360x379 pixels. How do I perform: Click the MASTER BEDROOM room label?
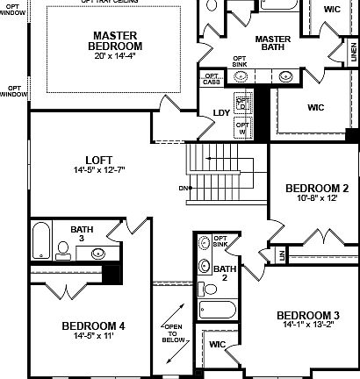pyautogui.click(x=118, y=40)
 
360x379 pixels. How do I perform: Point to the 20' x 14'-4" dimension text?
pyautogui.click(x=118, y=55)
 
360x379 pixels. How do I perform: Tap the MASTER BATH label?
pyautogui.click(x=272, y=44)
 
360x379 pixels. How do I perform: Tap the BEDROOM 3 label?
pyautogui.click(x=307, y=315)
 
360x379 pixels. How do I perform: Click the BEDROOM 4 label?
pyautogui.click(x=93, y=325)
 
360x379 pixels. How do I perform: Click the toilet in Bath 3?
pyautogui.click(x=62, y=254)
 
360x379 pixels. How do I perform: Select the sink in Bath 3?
pyautogui.click(x=97, y=254)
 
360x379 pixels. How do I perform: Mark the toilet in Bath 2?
pyautogui.click(x=207, y=288)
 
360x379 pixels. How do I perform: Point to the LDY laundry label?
pyautogui.click(x=222, y=113)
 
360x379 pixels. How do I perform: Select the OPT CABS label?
pyautogui.click(x=212, y=78)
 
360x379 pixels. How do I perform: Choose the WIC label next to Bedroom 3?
pyautogui.click(x=217, y=344)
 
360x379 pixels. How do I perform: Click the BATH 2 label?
pyautogui.click(x=225, y=273)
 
